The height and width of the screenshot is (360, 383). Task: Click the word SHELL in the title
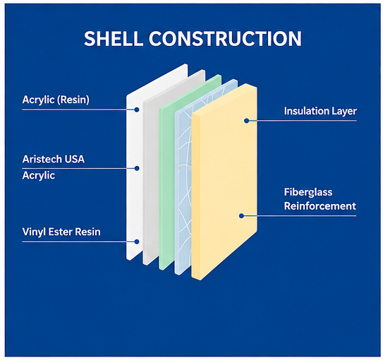114,39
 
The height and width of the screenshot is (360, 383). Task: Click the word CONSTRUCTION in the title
225,39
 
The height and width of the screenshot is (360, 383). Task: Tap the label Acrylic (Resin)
56,100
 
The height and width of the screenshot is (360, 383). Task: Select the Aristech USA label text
53,159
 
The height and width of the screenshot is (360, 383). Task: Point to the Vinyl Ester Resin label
61,232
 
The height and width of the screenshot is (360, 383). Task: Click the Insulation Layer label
320,112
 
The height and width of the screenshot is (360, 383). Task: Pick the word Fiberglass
308,192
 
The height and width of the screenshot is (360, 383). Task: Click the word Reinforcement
320,206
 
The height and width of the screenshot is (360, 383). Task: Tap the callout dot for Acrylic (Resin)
137,109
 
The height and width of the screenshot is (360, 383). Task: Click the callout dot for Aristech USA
137,169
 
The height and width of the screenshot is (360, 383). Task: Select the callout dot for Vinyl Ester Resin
137,241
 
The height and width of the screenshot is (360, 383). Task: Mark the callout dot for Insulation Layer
246,121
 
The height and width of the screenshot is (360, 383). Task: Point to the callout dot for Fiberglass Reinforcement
241,216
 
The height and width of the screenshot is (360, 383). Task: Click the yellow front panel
224,182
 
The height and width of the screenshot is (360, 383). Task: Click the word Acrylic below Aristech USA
39,176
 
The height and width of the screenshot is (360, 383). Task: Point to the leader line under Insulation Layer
301,121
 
